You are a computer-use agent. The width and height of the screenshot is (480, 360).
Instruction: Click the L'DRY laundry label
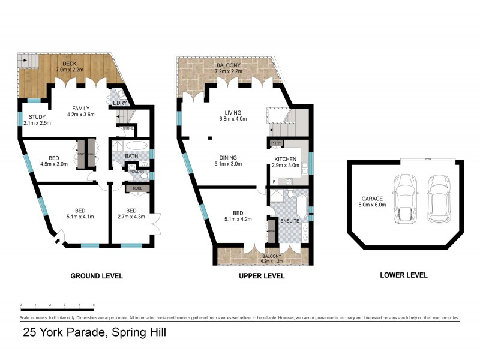tap(121, 104)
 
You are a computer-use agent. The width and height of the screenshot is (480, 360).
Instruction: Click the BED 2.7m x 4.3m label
tap(131, 212)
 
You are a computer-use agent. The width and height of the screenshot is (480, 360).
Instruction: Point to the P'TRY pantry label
tap(277, 143)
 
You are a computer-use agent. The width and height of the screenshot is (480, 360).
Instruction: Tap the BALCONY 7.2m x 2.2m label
tap(228, 68)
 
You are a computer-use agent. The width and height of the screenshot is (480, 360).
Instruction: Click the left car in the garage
tap(403, 198)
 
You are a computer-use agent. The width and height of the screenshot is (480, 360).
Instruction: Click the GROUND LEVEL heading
tap(97, 276)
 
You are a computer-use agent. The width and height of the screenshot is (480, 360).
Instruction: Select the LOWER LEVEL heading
tap(403, 275)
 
